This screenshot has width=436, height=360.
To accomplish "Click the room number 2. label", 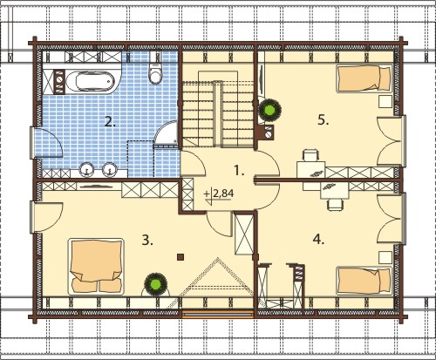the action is tap(110, 122).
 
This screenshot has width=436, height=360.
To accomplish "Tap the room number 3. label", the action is tap(147, 241).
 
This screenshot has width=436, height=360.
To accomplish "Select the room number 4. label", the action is tap(318, 240).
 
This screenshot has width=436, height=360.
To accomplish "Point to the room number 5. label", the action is tap(324, 119).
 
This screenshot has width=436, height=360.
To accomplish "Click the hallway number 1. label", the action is tap(239, 171).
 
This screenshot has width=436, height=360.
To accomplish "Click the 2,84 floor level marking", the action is tap(223, 194).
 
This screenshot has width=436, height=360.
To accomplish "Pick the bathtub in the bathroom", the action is tap(90, 81).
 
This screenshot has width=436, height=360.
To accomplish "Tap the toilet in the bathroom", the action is tap(155, 72).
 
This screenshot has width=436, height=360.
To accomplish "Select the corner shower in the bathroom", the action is tap(167, 132).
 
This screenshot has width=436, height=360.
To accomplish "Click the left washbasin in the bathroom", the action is tap(86, 169).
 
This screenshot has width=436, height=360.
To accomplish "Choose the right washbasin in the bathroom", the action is tap(110, 169).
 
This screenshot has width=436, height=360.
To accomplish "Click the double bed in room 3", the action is tap(96, 267).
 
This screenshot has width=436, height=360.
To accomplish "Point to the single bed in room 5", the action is tap(364, 78).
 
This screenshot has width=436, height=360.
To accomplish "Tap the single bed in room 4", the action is tap(364, 281).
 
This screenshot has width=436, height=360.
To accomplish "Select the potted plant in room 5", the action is tap(270, 110).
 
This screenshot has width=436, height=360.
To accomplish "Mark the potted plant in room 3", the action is tap(156, 284).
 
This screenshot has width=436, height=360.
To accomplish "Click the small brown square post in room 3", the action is tap(181, 256).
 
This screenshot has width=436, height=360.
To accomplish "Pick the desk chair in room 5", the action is tap(310, 155).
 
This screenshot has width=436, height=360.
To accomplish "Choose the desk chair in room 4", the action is tap(335, 204).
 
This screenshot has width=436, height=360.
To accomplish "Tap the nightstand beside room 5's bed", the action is tap(385, 102).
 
